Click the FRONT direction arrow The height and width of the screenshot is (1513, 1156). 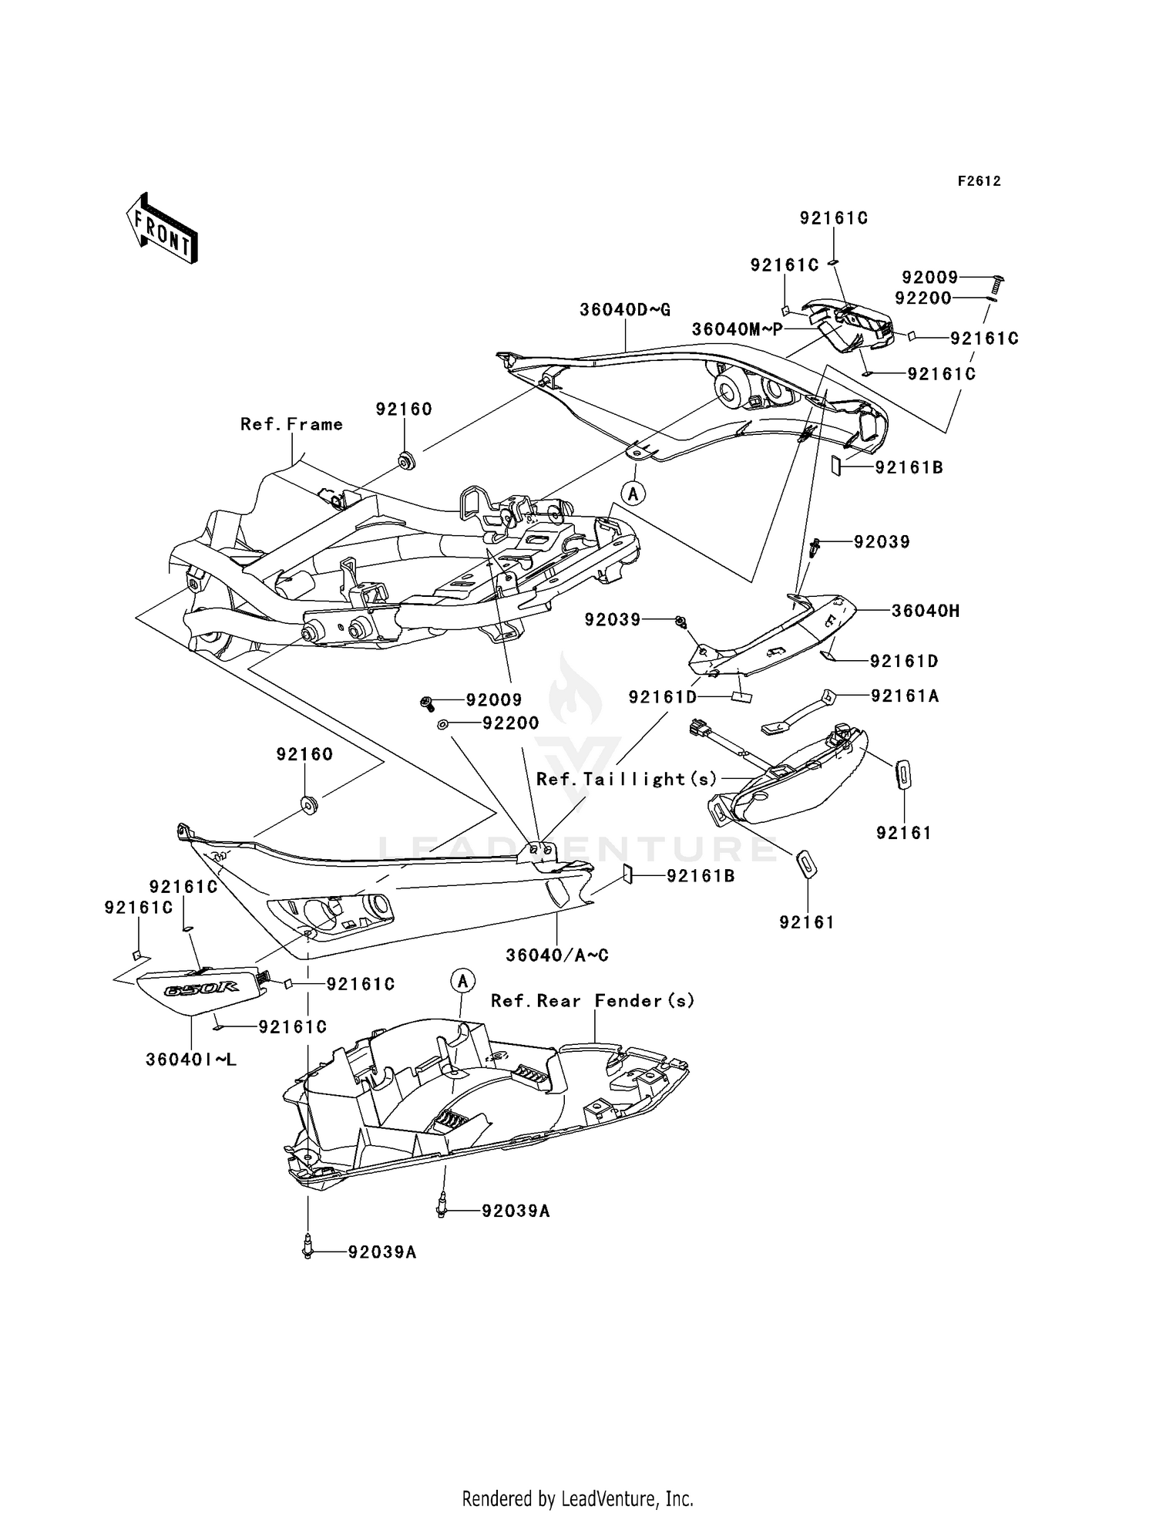[x=163, y=229]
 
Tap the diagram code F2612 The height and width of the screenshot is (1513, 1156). [x=979, y=181]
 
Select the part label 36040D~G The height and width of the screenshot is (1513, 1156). [x=625, y=310]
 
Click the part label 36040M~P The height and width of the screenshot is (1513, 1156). [x=737, y=329]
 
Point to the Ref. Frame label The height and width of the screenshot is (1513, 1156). [x=291, y=424]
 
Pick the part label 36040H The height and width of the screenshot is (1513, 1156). [x=926, y=611]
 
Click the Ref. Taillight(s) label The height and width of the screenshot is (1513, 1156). [x=627, y=779]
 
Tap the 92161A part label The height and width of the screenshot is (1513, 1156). [x=905, y=696]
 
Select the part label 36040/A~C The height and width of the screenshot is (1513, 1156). [x=557, y=955]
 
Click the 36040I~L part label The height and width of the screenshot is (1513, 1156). [x=191, y=1060]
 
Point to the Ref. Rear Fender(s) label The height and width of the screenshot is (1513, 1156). [x=593, y=1000]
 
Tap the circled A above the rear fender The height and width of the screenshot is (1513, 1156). [x=462, y=981]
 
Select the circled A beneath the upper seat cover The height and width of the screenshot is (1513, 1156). [x=633, y=493]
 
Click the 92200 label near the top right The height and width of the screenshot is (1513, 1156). [x=923, y=298]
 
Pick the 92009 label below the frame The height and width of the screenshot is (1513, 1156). [x=493, y=699]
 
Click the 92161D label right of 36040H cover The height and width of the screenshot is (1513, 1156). [x=904, y=661]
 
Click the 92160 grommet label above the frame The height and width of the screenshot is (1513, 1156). [x=404, y=409]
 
